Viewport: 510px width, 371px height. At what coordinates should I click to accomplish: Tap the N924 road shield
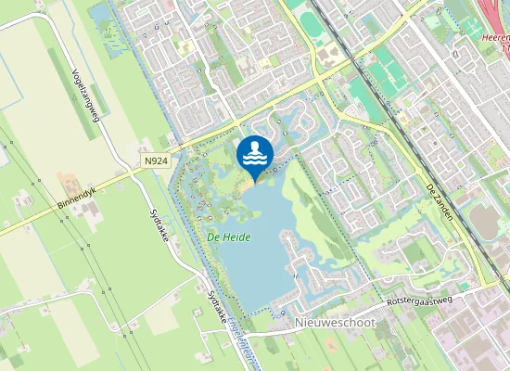point(157,160)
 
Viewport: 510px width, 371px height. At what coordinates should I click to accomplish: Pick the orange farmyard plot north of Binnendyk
point(70,182)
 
